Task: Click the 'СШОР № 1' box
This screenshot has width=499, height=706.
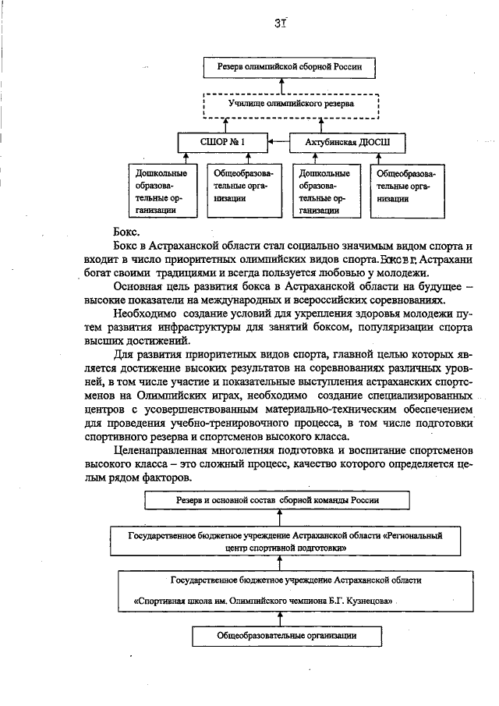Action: pyautogui.click(x=221, y=143)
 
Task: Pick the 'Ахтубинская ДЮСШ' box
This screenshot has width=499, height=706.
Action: pyautogui.click(x=340, y=143)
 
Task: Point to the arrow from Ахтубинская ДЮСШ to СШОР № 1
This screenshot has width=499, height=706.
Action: pyautogui.click(x=278, y=143)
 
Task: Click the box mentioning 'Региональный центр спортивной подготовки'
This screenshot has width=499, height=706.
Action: pyautogui.click(x=292, y=542)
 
